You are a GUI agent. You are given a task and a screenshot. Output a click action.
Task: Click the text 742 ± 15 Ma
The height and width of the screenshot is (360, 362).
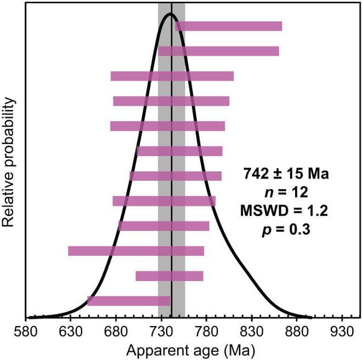(286, 175)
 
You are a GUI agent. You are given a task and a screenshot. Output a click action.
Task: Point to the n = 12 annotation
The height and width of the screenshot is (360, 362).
(286, 193)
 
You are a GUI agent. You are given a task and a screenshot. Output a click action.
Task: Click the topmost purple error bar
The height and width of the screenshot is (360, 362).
(228, 26)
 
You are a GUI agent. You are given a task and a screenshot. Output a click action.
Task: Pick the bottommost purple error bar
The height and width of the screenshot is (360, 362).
(129, 301)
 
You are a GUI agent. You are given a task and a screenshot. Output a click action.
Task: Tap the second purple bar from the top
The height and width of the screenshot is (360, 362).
(218, 52)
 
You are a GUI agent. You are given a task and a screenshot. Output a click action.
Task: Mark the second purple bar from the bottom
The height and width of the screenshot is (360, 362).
(169, 276)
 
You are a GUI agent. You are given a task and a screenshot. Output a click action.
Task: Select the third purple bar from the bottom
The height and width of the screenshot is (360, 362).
(136, 251)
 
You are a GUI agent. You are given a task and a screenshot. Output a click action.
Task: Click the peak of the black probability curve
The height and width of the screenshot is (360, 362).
(171, 14)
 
